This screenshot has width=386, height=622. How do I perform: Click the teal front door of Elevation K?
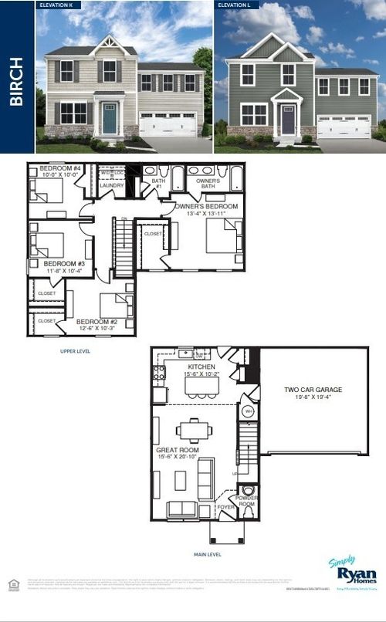pyautogui.click(x=110, y=120)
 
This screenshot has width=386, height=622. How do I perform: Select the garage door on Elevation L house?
pyautogui.click(x=344, y=127)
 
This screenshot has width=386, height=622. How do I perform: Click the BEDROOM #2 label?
pyautogui.click(x=96, y=321)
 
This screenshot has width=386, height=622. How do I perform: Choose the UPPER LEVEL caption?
pyautogui.click(x=75, y=350)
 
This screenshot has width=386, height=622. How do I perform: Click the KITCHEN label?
pyautogui.click(x=201, y=367)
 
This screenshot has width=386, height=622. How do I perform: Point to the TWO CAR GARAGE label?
pyautogui.click(x=313, y=390)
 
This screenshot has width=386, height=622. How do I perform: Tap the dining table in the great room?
pyautogui.click(x=190, y=430)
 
